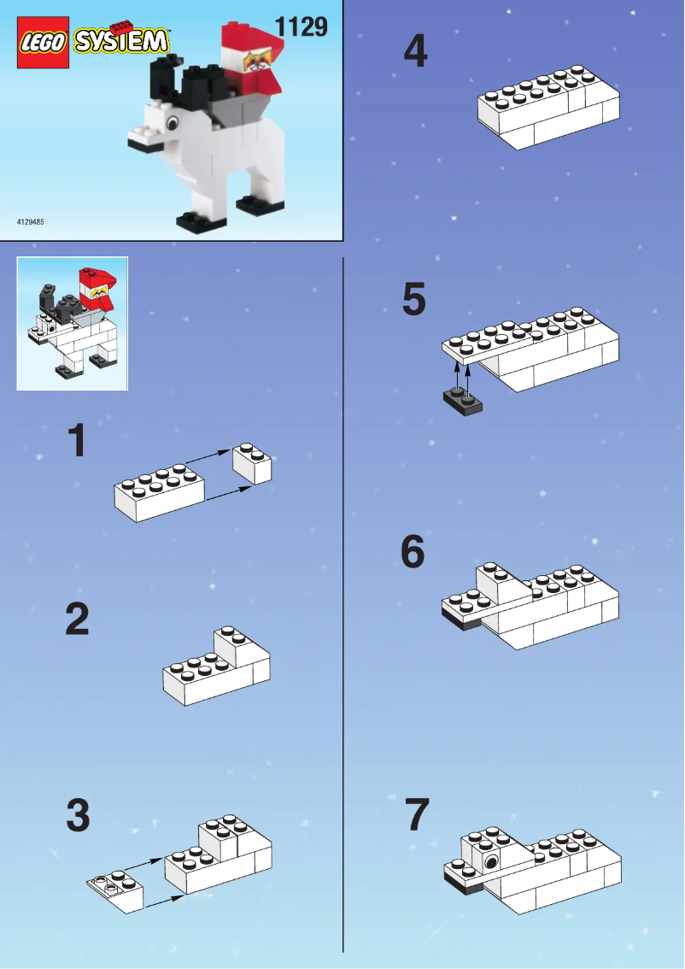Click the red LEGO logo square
44,41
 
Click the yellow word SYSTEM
122,41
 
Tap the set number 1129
301,26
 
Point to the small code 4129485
31,222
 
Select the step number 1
77,442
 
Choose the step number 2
77,620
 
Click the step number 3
78,816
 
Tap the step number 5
414,301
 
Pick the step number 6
413,554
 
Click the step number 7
416,815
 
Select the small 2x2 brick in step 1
253,463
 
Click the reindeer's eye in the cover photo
172,125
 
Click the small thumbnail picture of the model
73,323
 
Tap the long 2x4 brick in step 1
159,493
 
